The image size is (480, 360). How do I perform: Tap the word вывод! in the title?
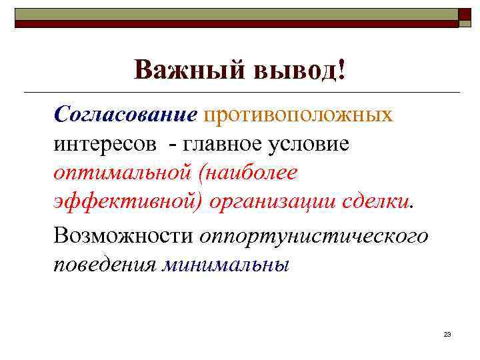299,70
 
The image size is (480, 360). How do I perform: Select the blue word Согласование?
126,115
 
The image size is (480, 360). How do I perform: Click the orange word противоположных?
299,115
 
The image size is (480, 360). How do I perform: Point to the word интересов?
106,143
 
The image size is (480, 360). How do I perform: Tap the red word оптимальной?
125,173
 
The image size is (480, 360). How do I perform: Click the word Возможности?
123,235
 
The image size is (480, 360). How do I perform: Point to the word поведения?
105,264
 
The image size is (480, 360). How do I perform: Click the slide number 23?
447,333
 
